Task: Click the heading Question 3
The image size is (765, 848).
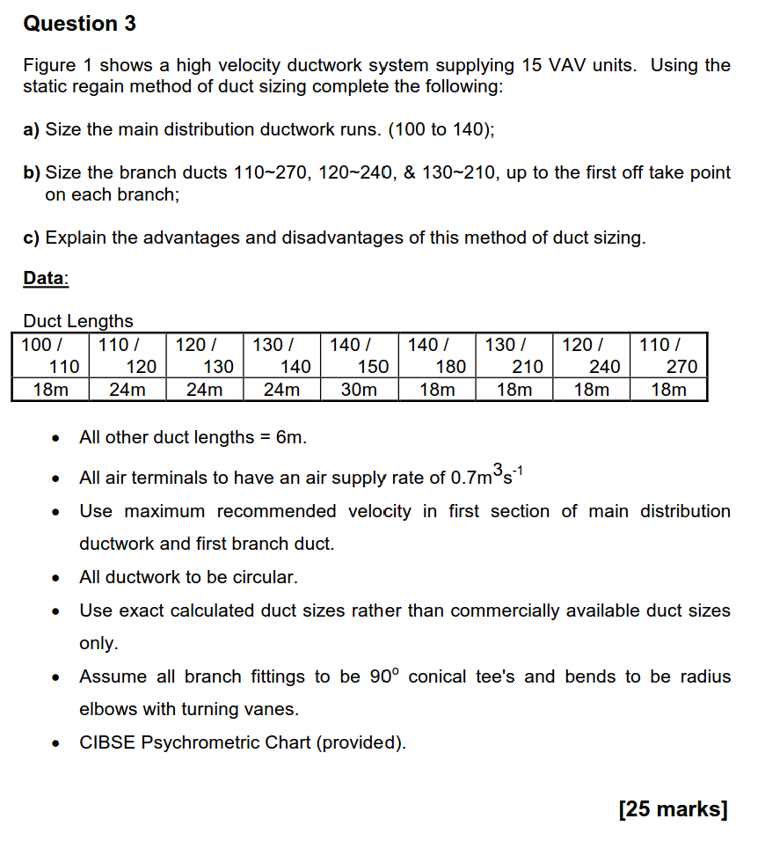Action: tap(79, 24)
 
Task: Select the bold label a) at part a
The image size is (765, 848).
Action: tap(32, 129)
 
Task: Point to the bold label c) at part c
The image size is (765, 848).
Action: tap(32, 238)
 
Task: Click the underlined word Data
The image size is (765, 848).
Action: tap(45, 278)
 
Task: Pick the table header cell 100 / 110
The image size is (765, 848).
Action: tap(50, 355)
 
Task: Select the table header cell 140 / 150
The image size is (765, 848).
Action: tap(359, 355)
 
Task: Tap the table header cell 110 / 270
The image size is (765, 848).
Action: tap(668, 355)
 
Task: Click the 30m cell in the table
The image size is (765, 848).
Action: tap(359, 389)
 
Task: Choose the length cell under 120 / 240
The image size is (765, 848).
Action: tap(591, 389)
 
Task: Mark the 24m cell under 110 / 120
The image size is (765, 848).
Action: tap(127, 389)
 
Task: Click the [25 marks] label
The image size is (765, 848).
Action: tap(674, 809)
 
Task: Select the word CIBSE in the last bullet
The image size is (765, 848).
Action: tap(106, 742)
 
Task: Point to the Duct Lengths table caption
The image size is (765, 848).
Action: tap(78, 321)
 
